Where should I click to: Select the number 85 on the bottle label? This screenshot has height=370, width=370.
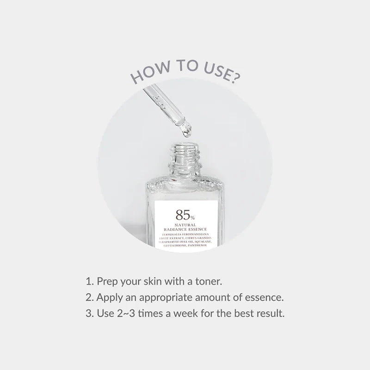click(181, 214)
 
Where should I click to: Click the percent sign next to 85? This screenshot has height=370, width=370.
click(192, 216)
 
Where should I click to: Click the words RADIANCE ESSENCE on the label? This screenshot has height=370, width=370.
click(185, 229)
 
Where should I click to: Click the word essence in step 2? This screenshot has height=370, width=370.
click(265, 297)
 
